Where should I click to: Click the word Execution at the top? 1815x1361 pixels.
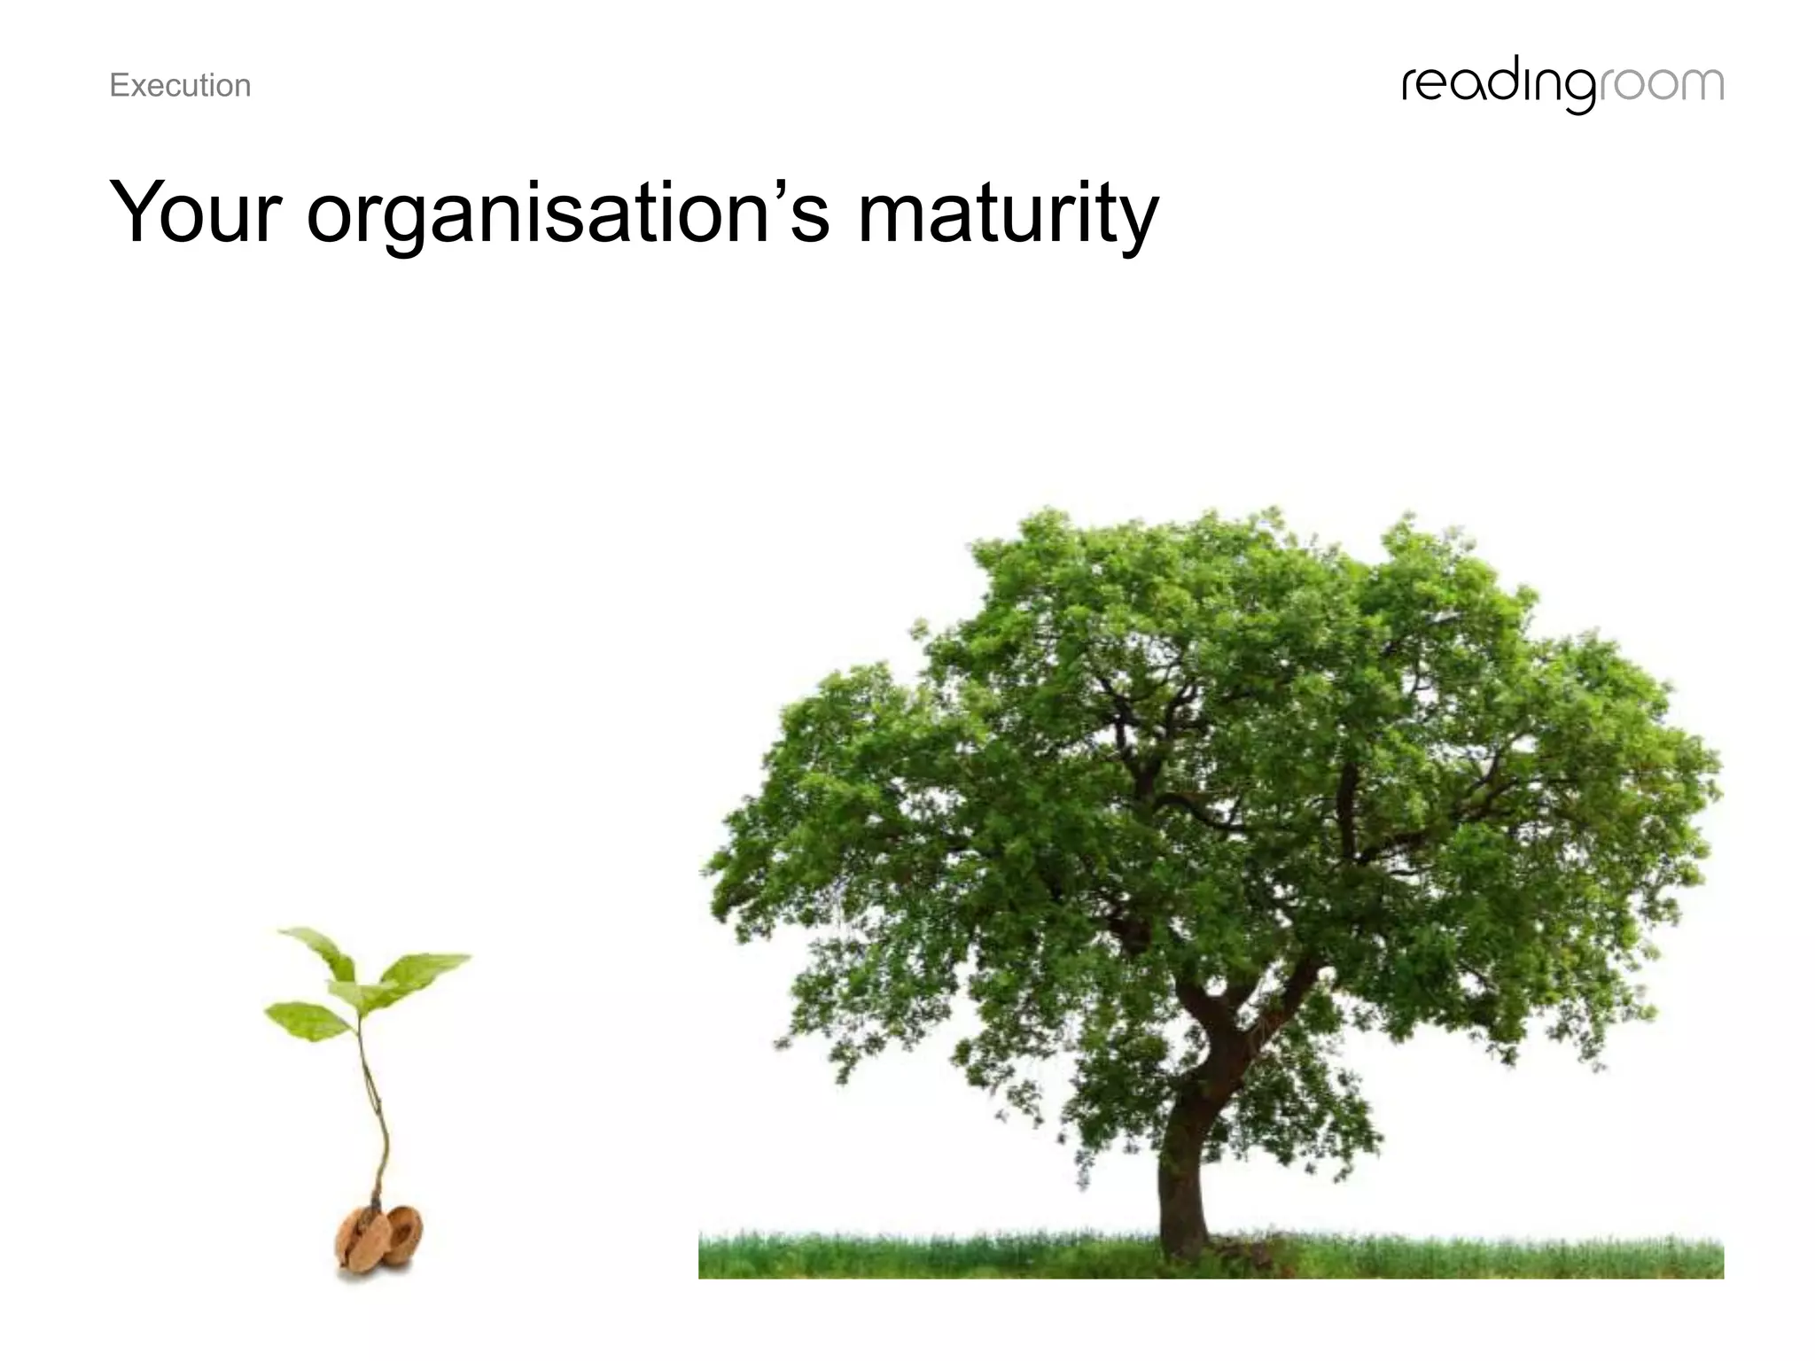pyautogui.click(x=180, y=86)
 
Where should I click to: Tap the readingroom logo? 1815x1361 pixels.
pyautogui.click(x=1562, y=86)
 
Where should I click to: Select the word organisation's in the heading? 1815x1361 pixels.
pyautogui.click(x=568, y=215)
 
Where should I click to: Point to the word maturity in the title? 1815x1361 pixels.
pyautogui.click(x=1008, y=215)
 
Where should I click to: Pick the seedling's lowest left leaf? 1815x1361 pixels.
pyautogui.click(x=306, y=1019)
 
